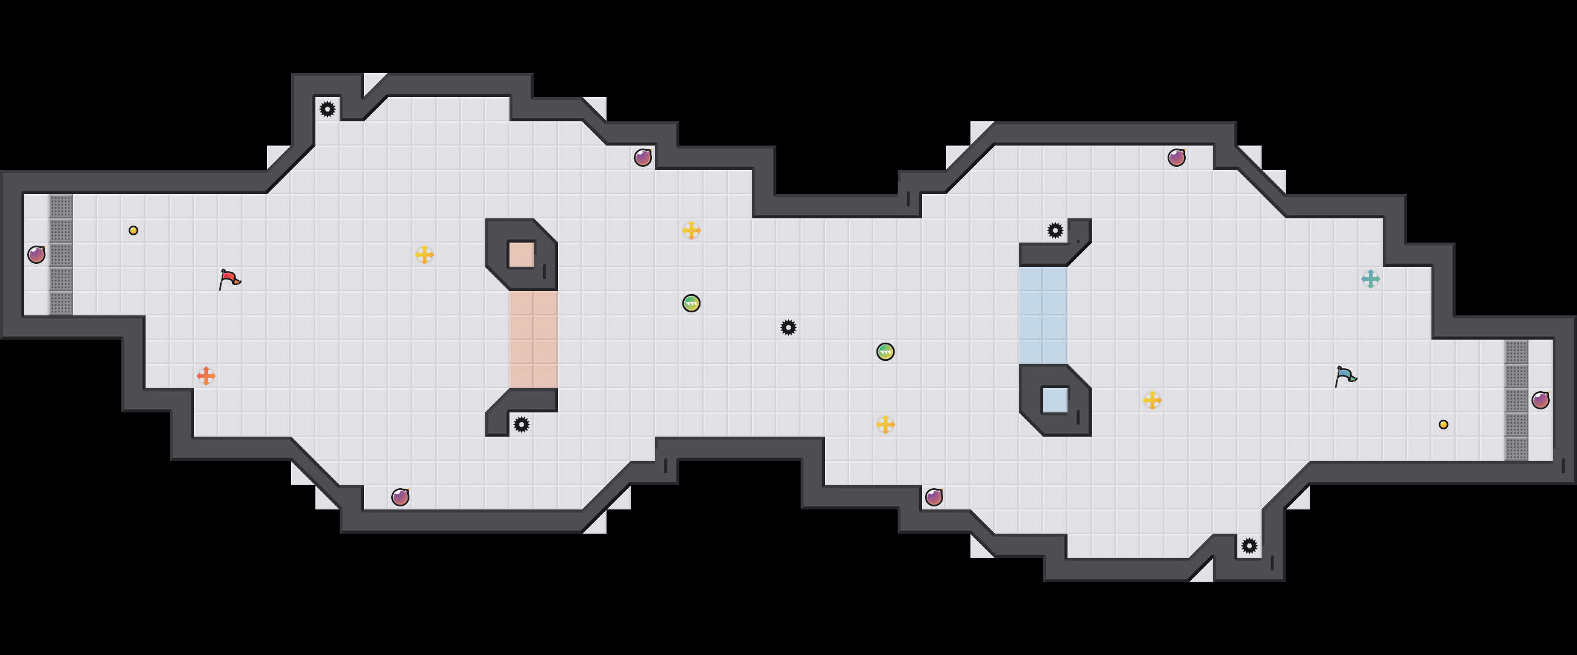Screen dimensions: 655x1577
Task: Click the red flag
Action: tap(229, 279)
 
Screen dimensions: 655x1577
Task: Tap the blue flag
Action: tap(1344, 376)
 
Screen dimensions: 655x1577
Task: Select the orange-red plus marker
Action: tap(206, 375)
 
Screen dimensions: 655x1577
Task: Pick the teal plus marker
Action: tap(1370, 279)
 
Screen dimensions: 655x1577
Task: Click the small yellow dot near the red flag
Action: tap(133, 231)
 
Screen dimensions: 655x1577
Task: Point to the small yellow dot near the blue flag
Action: tap(1443, 424)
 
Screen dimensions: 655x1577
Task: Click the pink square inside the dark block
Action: tap(521, 255)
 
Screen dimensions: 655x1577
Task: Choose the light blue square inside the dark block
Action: tap(1054, 400)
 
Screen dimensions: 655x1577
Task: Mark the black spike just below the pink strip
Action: tap(521, 424)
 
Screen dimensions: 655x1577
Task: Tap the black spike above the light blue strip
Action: tap(1055, 231)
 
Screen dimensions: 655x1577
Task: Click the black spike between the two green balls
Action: tap(788, 327)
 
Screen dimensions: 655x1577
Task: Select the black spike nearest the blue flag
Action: tap(1249, 545)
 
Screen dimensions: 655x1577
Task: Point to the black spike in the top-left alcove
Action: tap(328, 110)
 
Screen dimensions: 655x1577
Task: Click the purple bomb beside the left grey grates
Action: tap(37, 255)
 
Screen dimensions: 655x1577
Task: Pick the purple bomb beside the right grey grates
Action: tap(1540, 400)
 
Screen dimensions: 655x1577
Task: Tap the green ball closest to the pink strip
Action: tap(691, 303)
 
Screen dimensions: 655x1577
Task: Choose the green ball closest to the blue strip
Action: tap(885, 351)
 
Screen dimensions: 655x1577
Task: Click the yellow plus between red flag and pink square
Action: tap(424, 255)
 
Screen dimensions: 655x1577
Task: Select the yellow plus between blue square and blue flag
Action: tap(1152, 400)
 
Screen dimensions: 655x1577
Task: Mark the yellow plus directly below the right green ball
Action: tap(885, 424)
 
